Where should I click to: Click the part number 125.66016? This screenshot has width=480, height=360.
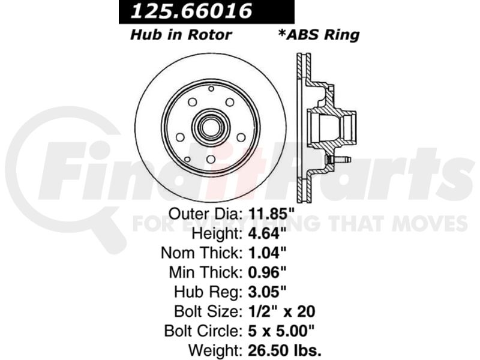[191, 11]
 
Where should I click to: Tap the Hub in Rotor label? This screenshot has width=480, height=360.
[181, 35]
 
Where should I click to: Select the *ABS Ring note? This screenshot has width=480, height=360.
[319, 35]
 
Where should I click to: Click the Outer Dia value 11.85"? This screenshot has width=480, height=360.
[271, 214]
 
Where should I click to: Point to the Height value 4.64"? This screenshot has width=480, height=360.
[267, 233]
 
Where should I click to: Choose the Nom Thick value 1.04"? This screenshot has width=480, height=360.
[267, 253]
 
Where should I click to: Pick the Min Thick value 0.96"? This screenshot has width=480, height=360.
[267, 272]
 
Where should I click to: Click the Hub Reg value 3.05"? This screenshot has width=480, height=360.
[267, 292]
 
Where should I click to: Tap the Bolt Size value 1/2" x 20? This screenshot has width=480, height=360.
[281, 311]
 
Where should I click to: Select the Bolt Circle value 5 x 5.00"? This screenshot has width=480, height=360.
[281, 331]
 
